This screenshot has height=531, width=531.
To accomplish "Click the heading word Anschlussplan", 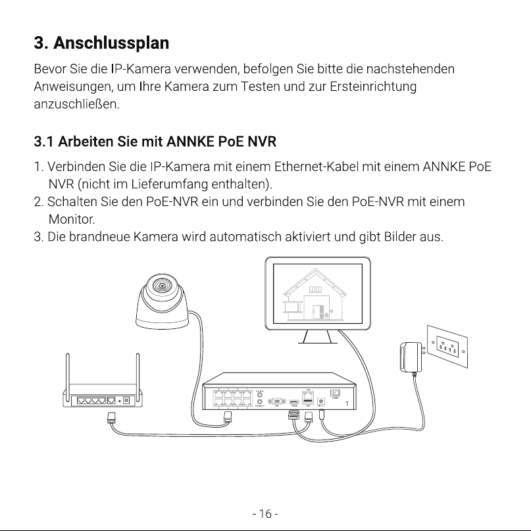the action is click(111, 43).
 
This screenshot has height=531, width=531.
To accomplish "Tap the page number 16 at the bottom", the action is click(265, 514).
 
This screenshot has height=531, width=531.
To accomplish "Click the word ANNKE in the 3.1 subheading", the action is click(190, 141).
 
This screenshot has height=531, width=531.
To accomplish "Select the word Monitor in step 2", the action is click(72, 220).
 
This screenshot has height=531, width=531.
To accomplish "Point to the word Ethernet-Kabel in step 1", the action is click(316, 166).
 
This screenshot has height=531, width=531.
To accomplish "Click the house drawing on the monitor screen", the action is click(315, 294).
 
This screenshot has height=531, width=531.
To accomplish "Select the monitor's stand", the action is click(317, 337).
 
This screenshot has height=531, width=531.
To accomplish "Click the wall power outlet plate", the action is click(447, 347).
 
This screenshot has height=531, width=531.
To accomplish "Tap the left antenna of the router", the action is click(68, 372).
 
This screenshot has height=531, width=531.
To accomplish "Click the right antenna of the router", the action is click(138, 372).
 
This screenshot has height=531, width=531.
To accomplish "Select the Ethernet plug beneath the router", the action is click(112, 418).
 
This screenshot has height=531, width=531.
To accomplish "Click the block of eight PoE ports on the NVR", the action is click(233, 398).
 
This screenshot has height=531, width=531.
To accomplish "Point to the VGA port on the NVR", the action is click(277, 401).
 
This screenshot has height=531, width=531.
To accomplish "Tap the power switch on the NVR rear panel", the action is click(335, 393).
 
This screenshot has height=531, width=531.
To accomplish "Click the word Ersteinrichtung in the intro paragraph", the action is click(373, 86).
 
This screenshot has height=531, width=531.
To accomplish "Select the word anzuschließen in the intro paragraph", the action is click(76, 105).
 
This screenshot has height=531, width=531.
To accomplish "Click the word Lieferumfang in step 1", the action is click(169, 184).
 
